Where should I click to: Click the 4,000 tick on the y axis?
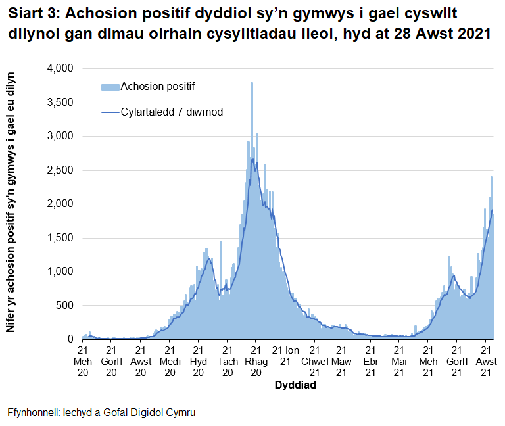pos(59,69)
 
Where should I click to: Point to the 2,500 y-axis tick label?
pos(59,170)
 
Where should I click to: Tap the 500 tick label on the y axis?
pos(64,305)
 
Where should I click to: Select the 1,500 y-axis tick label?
pos(59,237)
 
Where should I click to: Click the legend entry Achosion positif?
pos(158,87)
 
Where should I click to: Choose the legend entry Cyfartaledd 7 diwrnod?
pos(172,112)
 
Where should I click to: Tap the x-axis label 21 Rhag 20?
pos(255,362)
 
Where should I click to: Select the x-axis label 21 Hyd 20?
pos(198,362)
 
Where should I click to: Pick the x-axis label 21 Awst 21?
pos(486,362)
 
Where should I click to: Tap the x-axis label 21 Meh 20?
pos(83,362)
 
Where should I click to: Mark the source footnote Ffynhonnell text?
pos(101,413)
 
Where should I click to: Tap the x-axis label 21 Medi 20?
pos(169,362)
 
